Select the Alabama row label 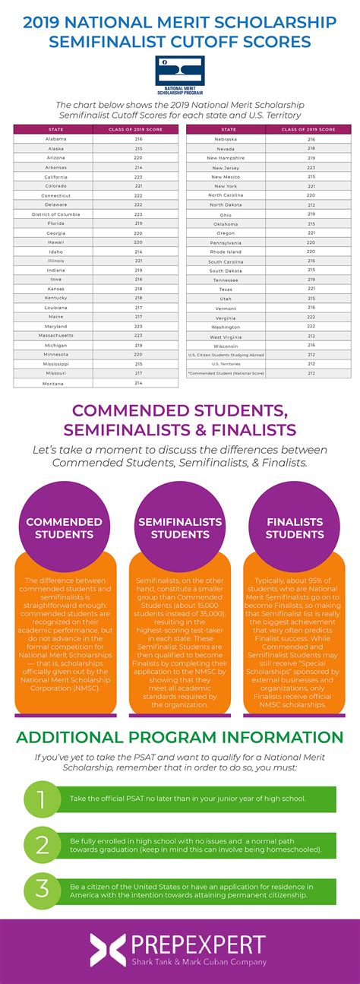(55, 139)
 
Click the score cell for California (138, 176)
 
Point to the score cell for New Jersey (311, 167)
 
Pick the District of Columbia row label (55, 214)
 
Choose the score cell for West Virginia (311, 336)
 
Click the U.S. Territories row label (226, 363)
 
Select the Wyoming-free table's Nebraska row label (226, 139)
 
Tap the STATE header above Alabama (55, 129)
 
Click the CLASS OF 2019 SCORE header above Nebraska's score (311, 129)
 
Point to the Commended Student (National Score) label (226, 373)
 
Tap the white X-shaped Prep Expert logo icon (108, 951)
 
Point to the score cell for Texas (311, 289)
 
